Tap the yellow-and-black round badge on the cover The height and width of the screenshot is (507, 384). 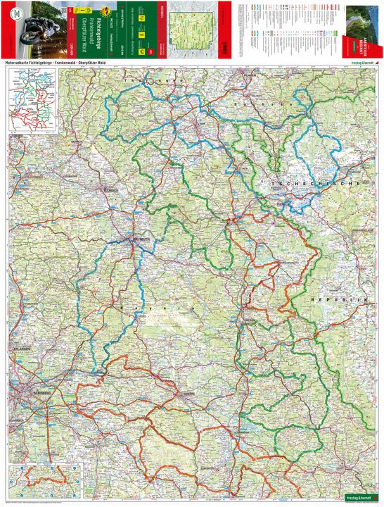pos(107,10)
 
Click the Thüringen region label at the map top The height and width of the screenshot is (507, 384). pos(141,82)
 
